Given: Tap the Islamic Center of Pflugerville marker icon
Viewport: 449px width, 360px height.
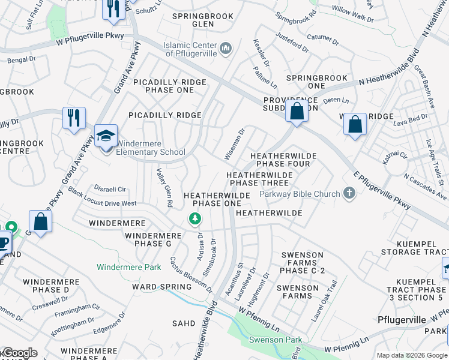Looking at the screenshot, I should pyautogui.click(x=226, y=47).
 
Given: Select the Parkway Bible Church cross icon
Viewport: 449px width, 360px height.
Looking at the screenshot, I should pyautogui.click(x=349, y=193).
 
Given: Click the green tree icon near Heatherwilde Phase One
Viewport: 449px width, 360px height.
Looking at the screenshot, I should pyautogui.click(x=194, y=220).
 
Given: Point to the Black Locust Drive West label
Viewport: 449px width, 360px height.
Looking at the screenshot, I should pyautogui.click(x=102, y=198).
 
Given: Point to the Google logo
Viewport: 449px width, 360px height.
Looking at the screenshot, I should pyautogui.click(x=19, y=353).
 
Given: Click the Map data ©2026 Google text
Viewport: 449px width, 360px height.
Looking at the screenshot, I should pyautogui.click(x=411, y=355).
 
